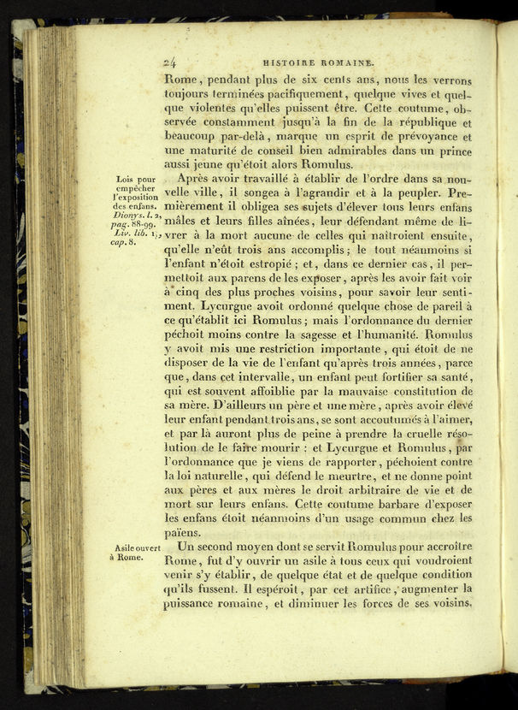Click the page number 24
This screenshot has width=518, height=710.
click(169, 61)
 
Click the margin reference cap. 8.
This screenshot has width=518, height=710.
click(129, 242)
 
